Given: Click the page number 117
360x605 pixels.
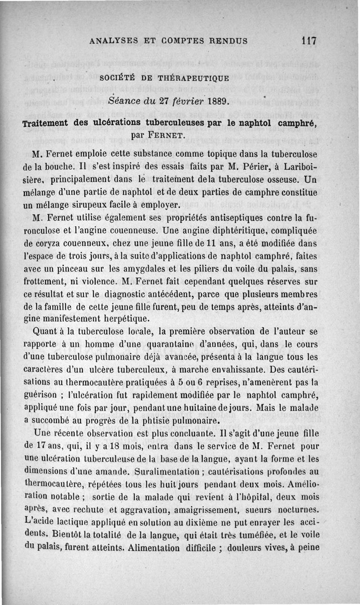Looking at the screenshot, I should coord(309,40).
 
